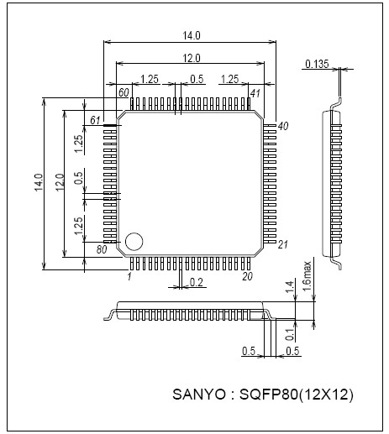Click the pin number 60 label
123,92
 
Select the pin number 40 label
283,126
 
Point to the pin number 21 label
283,244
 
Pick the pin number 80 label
102,249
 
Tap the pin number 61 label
95,122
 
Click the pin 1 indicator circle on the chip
134,243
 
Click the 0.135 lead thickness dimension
316,64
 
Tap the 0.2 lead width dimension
196,283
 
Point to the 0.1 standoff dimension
289,333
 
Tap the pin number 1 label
130,276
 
